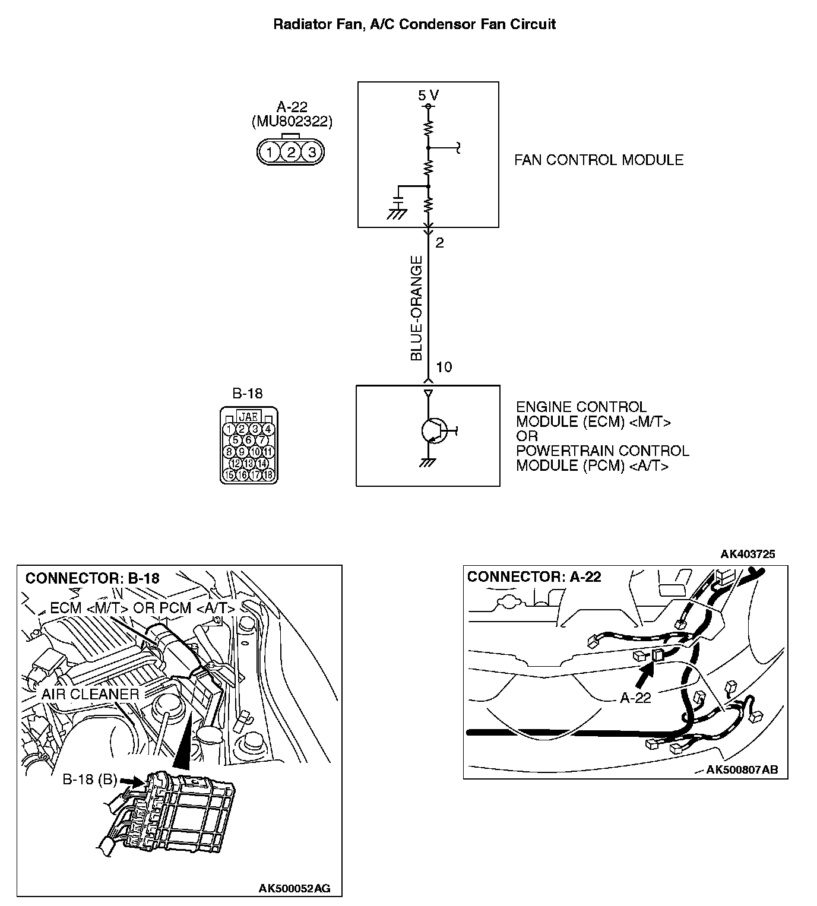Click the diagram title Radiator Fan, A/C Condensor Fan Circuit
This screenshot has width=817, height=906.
click(414, 24)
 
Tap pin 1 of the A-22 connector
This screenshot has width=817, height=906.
click(270, 152)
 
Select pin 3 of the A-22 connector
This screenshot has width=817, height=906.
click(312, 152)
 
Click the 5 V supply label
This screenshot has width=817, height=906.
click(428, 95)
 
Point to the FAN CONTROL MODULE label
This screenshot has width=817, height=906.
click(598, 160)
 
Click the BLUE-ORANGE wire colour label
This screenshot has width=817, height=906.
click(417, 308)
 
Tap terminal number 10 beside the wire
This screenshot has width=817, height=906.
click(444, 367)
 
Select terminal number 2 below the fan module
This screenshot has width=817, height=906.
click(439, 243)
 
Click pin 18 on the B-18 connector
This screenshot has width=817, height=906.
click(268, 475)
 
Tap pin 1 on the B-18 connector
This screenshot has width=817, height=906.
click(229, 429)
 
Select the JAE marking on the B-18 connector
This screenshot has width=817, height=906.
click(248, 416)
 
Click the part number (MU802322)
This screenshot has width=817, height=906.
click(292, 122)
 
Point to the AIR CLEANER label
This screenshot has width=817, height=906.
click(90, 694)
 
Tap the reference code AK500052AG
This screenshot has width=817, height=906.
click(294, 888)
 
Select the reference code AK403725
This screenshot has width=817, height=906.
click(748, 555)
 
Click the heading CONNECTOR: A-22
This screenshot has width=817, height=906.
click(534, 576)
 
